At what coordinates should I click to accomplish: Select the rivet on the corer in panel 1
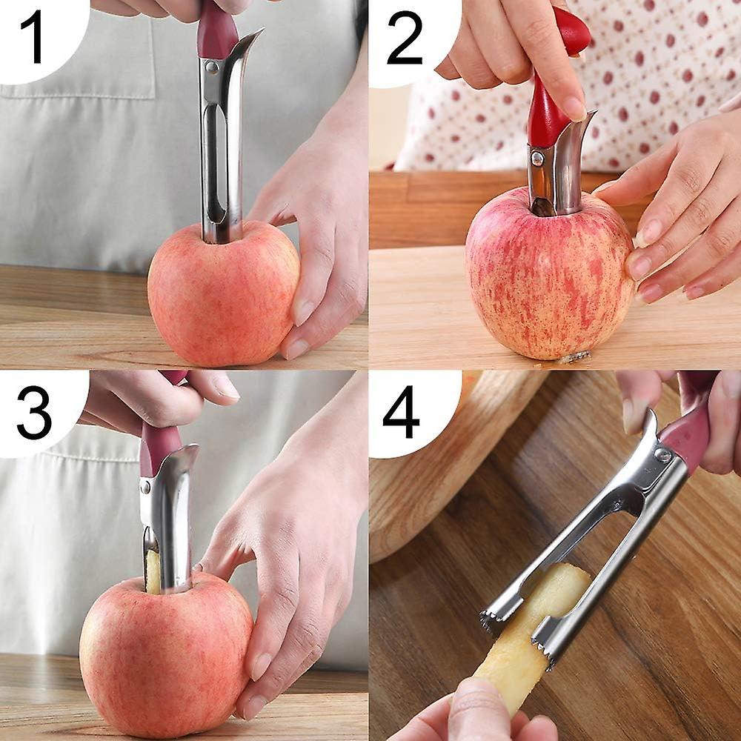(213, 67)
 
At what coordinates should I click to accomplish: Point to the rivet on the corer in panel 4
(662, 455)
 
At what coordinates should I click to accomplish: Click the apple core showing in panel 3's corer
(153, 571)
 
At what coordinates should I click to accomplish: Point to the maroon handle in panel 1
(216, 33)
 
